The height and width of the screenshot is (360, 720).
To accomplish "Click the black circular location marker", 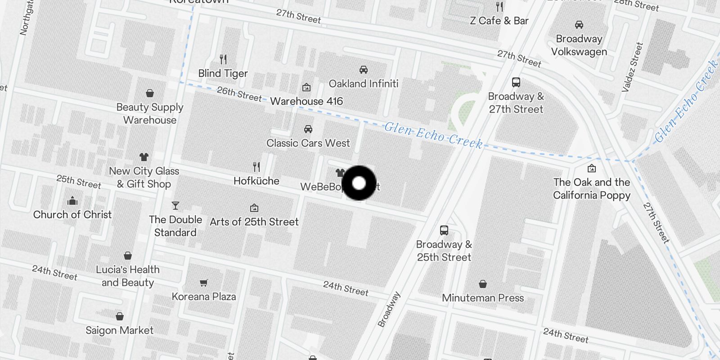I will click(x=359, y=183).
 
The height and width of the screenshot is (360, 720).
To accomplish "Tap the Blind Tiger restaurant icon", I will click(x=223, y=59).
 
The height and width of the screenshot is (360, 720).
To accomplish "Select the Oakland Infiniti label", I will click(x=364, y=84).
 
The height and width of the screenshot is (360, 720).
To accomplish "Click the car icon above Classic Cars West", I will click(x=308, y=129).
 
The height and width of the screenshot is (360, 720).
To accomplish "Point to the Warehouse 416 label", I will click(x=306, y=101).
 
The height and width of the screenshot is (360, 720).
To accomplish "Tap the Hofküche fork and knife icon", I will click(x=256, y=167).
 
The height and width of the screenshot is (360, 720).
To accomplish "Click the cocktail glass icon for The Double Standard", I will click(x=175, y=206).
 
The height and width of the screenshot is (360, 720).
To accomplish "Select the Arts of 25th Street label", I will click(x=254, y=222).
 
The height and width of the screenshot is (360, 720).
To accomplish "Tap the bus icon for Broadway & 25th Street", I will click(x=444, y=230).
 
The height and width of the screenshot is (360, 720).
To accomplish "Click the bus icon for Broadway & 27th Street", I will click(x=516, y=82).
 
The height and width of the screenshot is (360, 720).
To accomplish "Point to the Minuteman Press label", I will click(x=483, y=298).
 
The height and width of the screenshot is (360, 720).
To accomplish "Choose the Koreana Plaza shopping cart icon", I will click(x=204, y=283).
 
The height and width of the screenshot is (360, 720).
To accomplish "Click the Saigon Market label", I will click(x=120, y=330).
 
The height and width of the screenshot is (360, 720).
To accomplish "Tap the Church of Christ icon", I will click(x=72, y=201).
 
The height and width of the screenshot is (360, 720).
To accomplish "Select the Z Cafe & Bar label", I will click(x=499, y=21).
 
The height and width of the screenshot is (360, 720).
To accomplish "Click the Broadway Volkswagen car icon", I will click(x=579, y=25).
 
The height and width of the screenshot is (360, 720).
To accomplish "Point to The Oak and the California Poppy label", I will click(x=592, y=189).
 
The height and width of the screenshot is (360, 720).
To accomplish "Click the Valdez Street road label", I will click(x=632, y=67).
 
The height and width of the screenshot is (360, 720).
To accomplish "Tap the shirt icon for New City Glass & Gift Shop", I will click(x=144, y=157).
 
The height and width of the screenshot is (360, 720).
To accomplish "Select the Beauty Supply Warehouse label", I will click(x=150, y=113).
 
